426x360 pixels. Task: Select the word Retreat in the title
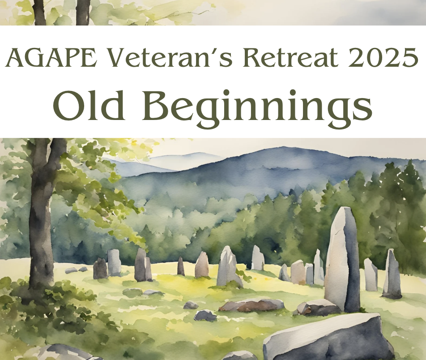click(290, 57)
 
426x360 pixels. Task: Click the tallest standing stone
click(342, 260)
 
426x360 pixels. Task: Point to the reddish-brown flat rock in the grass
click(251, 305)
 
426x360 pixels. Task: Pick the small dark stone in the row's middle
click(181, 266)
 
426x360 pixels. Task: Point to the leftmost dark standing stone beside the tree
click(100, 268)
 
